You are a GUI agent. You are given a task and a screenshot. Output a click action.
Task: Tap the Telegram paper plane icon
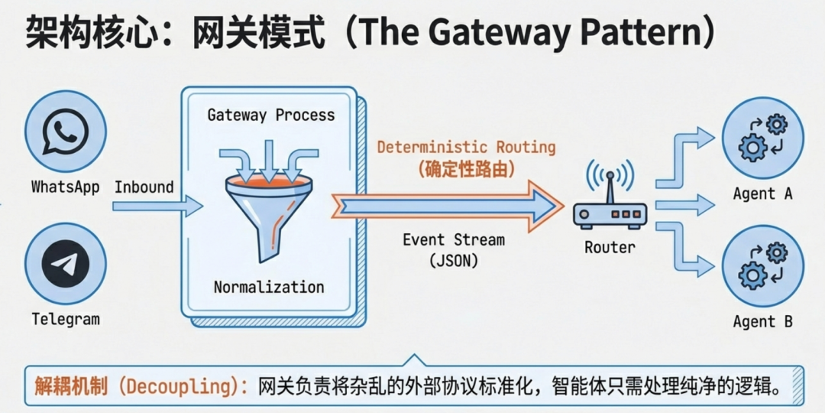pos(65,263)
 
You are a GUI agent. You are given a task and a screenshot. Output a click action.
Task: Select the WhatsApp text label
pos(65,187)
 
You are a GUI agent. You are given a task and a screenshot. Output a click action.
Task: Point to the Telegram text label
pos(65,319)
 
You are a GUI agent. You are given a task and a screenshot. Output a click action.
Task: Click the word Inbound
pos(144,187)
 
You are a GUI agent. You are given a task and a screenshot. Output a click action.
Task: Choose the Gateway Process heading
pos(271,115)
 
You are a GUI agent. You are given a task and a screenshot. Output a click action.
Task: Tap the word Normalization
pos(269,288)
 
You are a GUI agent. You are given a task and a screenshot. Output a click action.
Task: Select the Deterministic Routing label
pos(466,147)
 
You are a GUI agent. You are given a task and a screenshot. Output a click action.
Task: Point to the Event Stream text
pos(454,239)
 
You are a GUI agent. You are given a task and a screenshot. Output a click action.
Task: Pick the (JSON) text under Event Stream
pos(454,260)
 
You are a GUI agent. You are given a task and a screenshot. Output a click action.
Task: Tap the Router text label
pos(610,247)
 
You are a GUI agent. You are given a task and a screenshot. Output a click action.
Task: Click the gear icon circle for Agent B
pos(763,265)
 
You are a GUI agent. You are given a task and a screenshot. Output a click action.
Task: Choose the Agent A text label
pos(762,194)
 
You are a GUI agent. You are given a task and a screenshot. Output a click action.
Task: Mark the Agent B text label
pos(762,322)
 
